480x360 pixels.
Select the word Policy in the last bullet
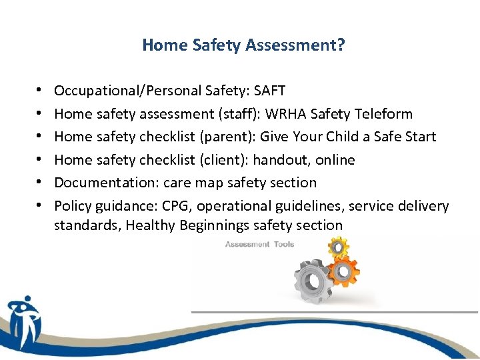[71, 206]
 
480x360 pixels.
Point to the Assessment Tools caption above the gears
[259, 245]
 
